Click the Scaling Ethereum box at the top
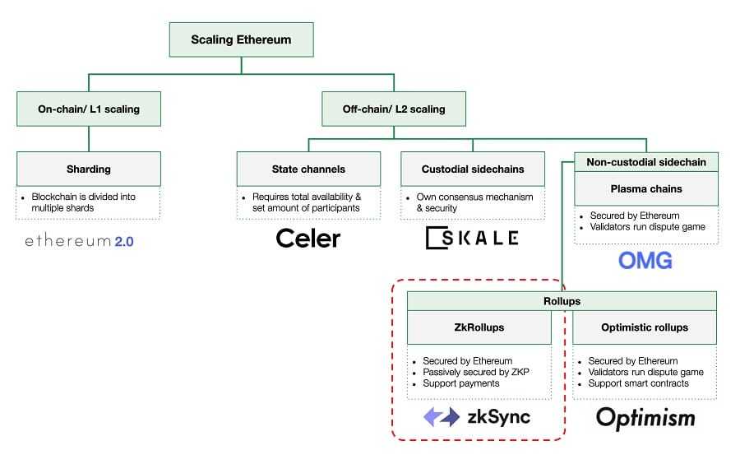(x=241, y=39)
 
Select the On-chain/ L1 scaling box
(x=89, y=109)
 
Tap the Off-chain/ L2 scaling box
(x=394, y=109)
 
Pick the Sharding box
(x=89, y=169)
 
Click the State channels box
(x=308, y=169)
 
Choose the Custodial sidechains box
(x=473, y=169)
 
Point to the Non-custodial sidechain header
(x=645, y=162)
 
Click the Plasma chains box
(x=645, y=188)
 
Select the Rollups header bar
(x=562, y=301)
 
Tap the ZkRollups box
(x=479, y=327)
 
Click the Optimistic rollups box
(x=645, y=327)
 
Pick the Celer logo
(x=308, y=239)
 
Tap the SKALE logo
(x=472, y=239)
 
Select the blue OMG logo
(x=645, y=261)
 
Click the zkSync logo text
(x=498, y=417)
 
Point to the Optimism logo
(x=645, y=418)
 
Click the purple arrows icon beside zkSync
(x=442, y=417)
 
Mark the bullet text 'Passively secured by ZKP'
(x=475, y=372)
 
